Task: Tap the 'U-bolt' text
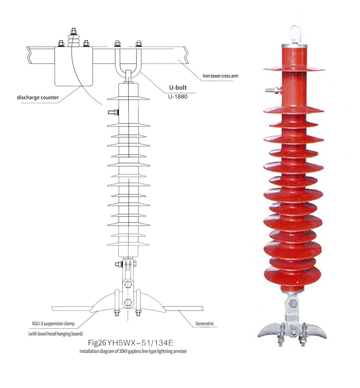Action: [x=178, y=87]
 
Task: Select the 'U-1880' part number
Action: [x=178, y=96]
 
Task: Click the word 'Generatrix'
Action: [x=204, y=324]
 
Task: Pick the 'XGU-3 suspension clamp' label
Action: [x=54, y=324]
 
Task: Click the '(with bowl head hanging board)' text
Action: [x=55, y=334]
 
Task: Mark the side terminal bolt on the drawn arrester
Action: [x=112, y=113]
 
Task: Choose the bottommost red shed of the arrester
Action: [x=292, y=276]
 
